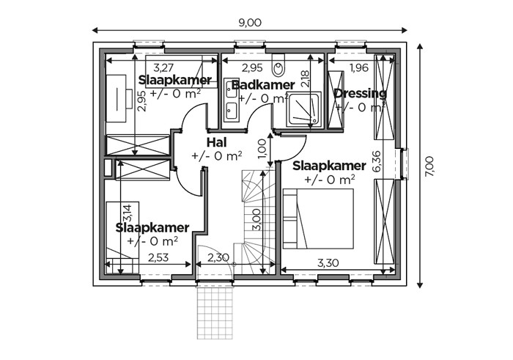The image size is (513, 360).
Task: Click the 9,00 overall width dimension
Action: pyautogui.click(x=250, y=23)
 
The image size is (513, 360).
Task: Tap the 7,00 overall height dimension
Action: pyautogui.click(x=429, y=166)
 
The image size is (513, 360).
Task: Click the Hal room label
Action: pyautogui.click(x=217, y=142)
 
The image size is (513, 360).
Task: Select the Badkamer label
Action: pyautogui.click(x=263, y=85)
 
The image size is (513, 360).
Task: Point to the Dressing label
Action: pyautogui.click(x=361, y=93)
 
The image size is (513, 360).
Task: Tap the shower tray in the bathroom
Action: pyautogui.click(x=303, y=110)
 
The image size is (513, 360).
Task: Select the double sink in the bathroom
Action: pyautogui.click(x=232, y=100)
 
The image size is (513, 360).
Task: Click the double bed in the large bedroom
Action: pyautogui.click(x=318, y=218)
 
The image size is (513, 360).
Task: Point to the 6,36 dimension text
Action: pyautogui.click(x=377, y=161)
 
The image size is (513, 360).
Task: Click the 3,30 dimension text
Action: pyautogui.click(x=328, y=262)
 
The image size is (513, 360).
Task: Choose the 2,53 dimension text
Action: pyautogui.click(x=158, y=257)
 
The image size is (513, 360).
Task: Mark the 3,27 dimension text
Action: pyautogui.click(x=163, y=67)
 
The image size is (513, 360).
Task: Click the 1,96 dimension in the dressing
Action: pyautogui.click(x=359, y=67)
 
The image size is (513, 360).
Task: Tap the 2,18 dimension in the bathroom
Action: pyautogui.click(x=305, y=78)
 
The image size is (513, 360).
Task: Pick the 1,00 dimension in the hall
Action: pyautogui.click(x=262, y=149)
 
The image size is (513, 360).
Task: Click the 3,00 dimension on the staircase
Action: pyautogui.click(x=256, y=220)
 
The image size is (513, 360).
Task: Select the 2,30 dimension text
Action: pyautogui.click(x=218, y=257)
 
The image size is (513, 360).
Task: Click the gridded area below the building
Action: pyautogui.click(x=215, y=313)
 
